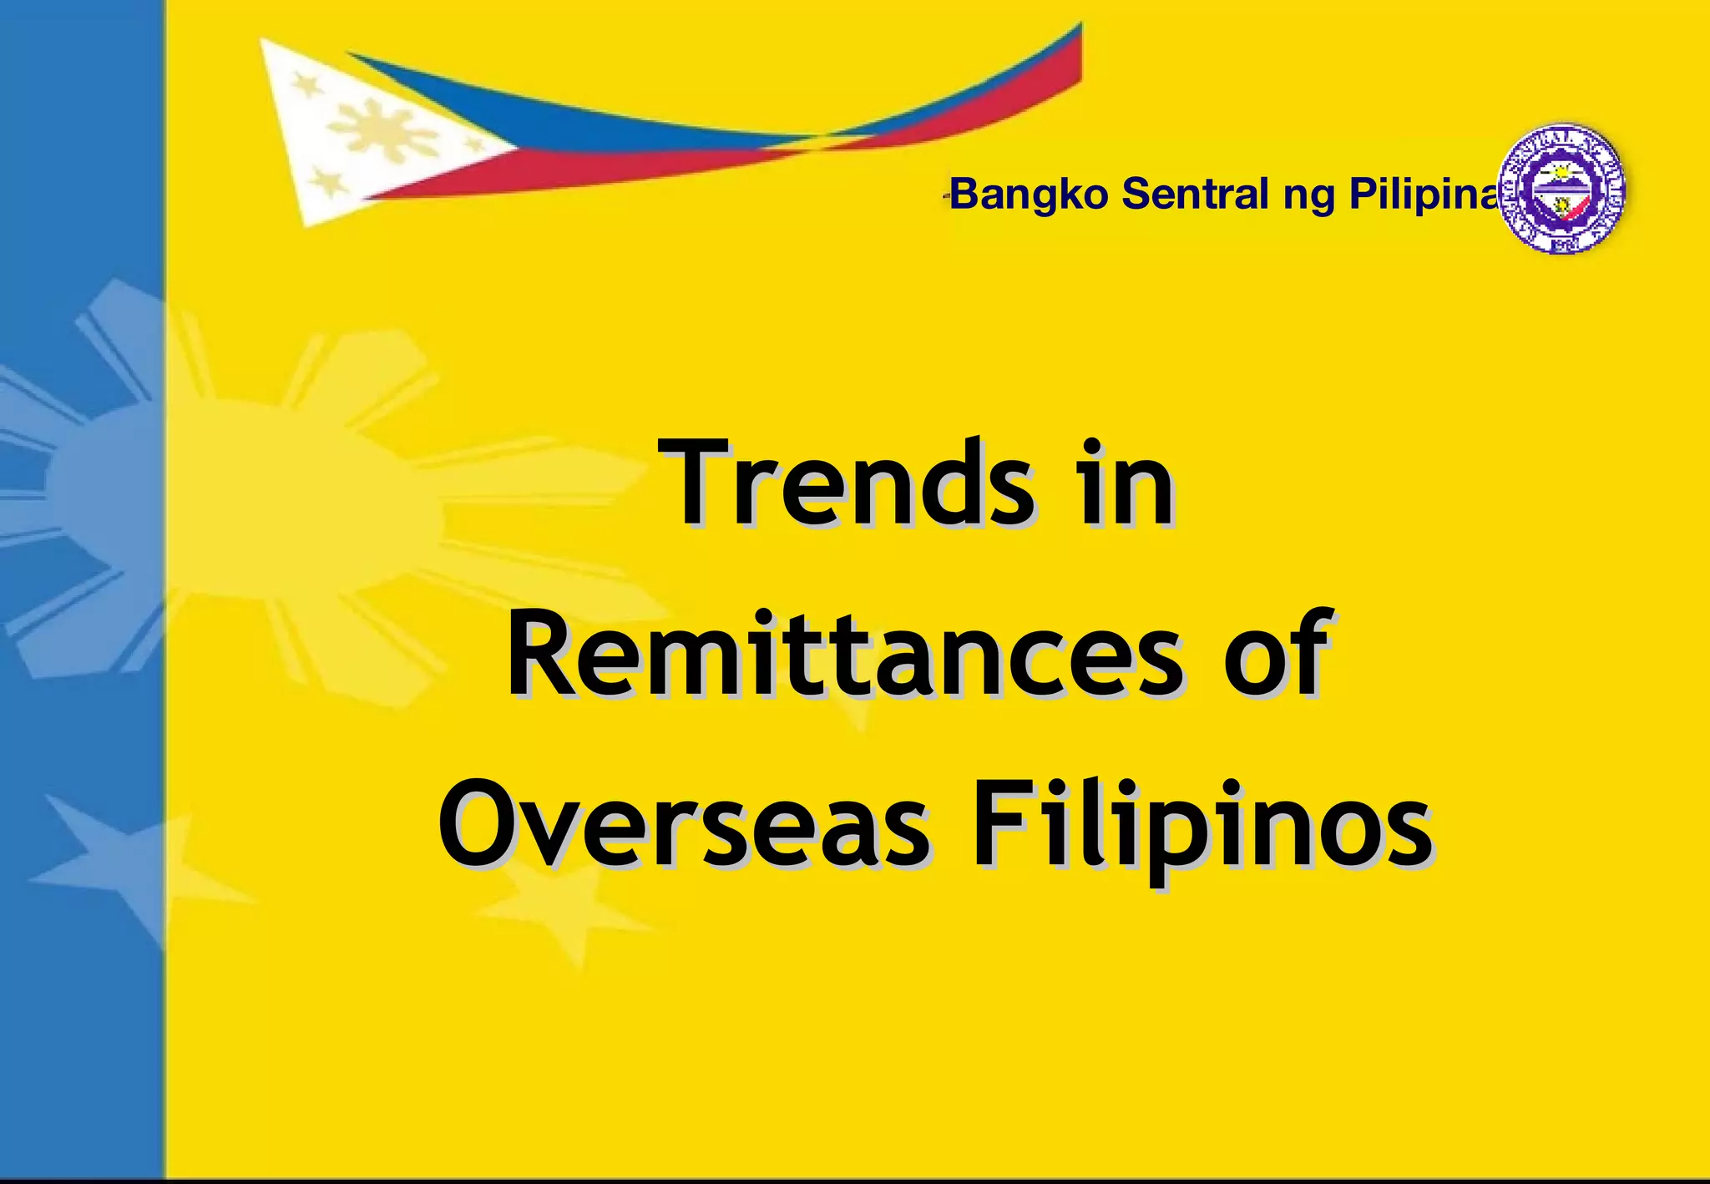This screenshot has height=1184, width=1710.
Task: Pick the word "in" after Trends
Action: coord(1127,484)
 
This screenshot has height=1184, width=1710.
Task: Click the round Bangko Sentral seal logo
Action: coord(1561,190)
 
